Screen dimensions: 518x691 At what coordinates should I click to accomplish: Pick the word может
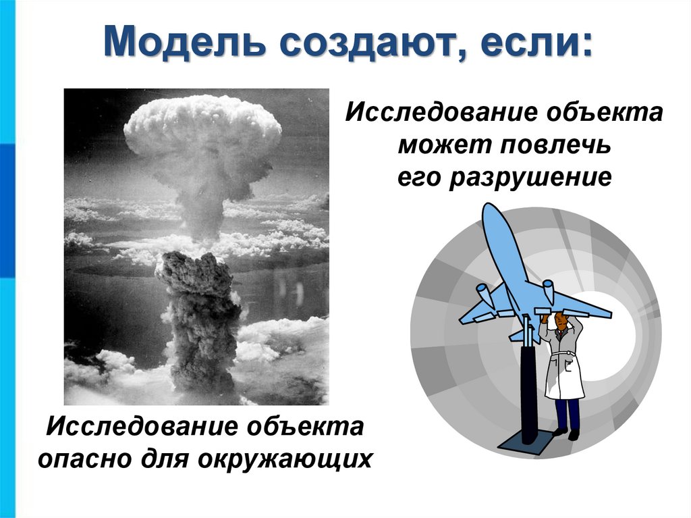pos(438,145)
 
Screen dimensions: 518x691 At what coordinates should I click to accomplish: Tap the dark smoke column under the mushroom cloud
pos(199,317)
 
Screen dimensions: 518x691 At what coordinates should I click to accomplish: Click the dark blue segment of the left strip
pos(7,210)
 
